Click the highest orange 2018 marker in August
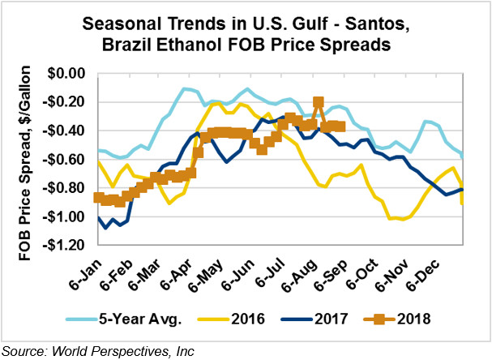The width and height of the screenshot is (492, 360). (x=319, y=103)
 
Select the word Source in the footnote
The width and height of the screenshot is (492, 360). (x=23, y=351)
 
